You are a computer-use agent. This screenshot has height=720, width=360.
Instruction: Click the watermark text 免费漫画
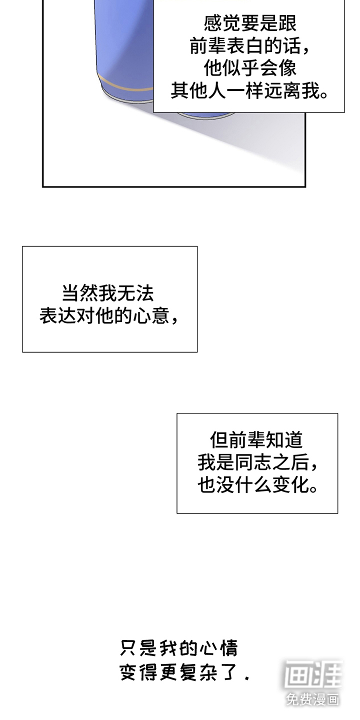pos(313,699)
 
